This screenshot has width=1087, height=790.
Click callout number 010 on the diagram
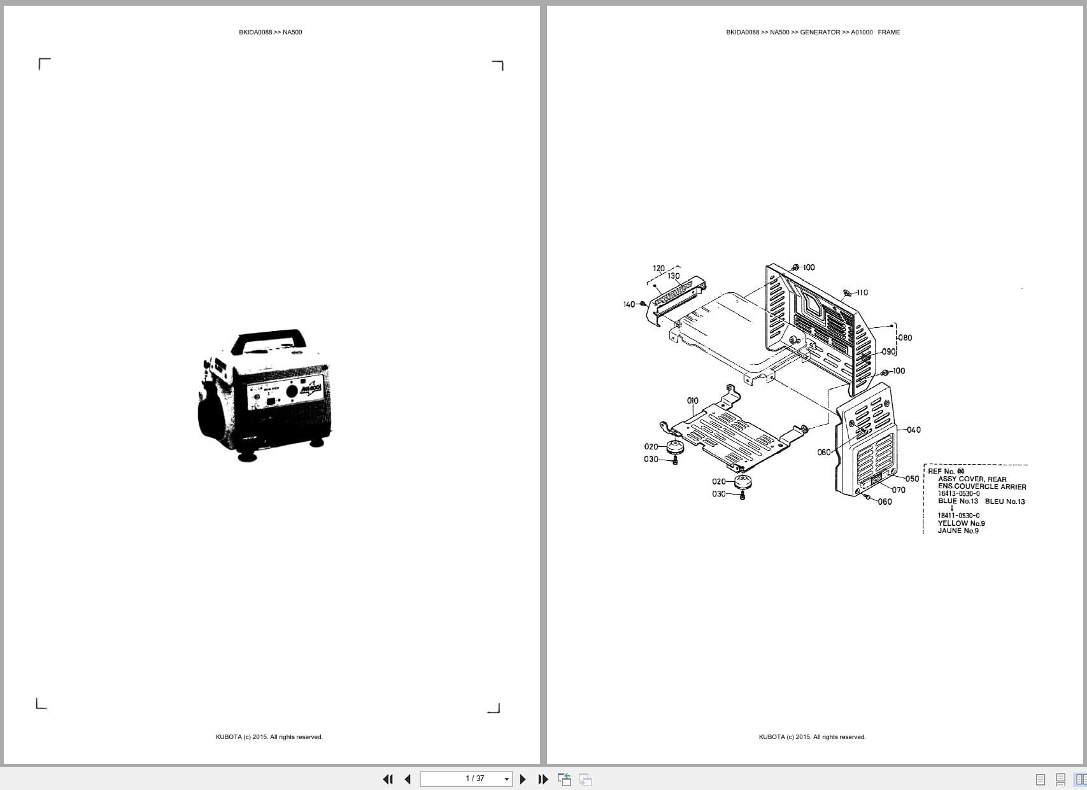click(x=692, y=400)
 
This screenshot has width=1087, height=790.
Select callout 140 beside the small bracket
click(x=629, y=304)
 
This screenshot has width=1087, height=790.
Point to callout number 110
click(x=862, y=293)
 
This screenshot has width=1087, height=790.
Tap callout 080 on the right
click(x=905, y=337)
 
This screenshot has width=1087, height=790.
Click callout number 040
click(x=913, y=430)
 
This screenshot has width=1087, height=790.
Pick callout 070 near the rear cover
click(x=899, y=490)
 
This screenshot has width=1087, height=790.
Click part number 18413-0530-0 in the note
click(x=958, y=493)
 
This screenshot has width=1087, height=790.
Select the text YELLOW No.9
click(x=961, y=523)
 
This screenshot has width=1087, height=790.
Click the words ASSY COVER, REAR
click(x=972, y=479)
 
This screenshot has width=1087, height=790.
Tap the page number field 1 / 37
click(x=474, y=779)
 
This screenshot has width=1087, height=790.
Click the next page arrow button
click(x=523, y=779)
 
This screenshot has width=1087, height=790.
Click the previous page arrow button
click(x=408, y=779)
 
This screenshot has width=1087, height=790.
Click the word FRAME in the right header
click(x=888, y=32)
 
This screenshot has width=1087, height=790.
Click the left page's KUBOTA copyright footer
click(x=269, y=737)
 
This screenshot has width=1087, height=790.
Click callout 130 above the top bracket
click(x=673, y=276)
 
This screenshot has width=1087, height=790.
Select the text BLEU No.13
click(x=1004, y=501)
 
